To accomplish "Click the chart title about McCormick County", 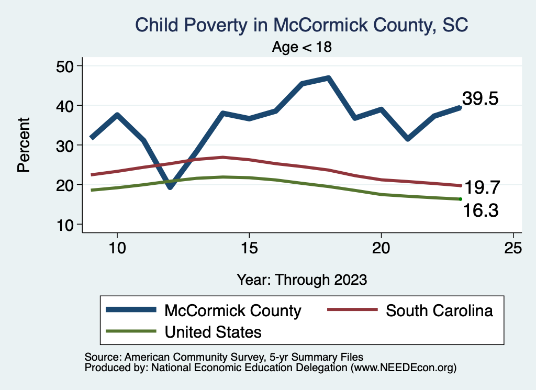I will point(301,25).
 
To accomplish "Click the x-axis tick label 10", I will point(117,248).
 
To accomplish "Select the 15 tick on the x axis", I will point(249,248).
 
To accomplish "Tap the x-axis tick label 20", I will point(381,248).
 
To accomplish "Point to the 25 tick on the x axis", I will point(513,248).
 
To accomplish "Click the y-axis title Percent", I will point(23,145).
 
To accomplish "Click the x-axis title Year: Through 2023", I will point(301,279).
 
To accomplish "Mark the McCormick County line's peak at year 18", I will point(328,79).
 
